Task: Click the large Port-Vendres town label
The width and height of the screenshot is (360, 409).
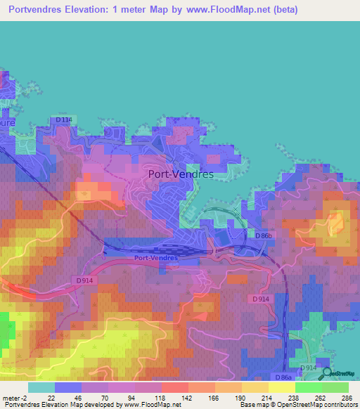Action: tap(181, 174)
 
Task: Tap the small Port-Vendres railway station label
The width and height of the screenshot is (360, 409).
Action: tap(156, 258)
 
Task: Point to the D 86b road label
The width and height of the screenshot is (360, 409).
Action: tap(264, 235)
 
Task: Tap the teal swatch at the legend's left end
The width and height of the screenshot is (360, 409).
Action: tap(41, 387)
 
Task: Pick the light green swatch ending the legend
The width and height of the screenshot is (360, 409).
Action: tap(335, 387)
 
